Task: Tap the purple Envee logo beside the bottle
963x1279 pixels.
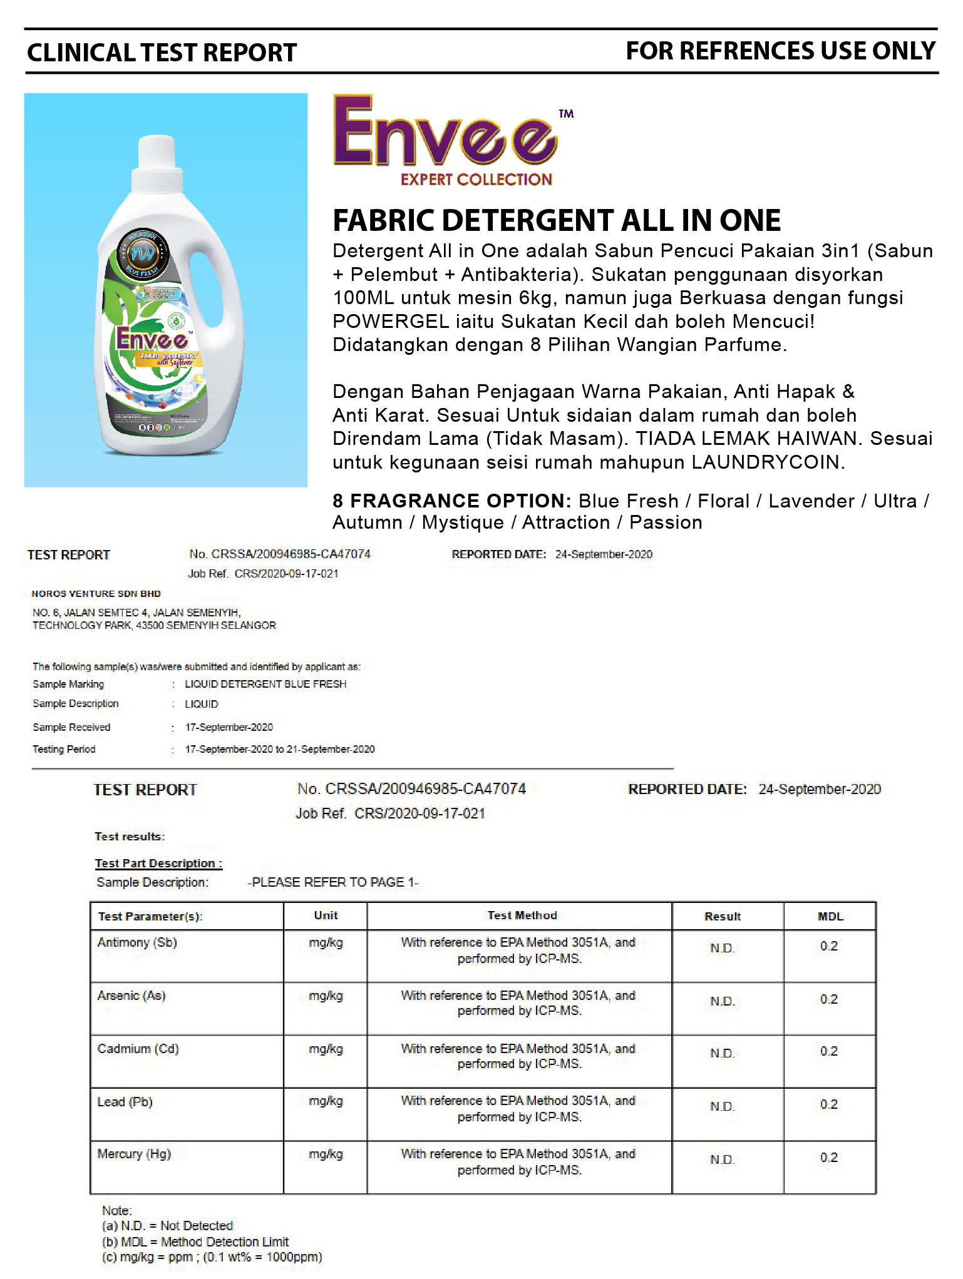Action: pyautogui.click(x=445, y=133)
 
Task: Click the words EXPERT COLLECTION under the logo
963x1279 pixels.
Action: pyautogui.click(x=476, y=180)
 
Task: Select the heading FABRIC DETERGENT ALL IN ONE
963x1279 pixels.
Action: pyautogui.click(x=557, y=220)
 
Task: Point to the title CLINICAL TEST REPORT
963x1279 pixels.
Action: pyautogui.click(x=162, y=53)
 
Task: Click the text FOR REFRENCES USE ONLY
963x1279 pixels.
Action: pyautogui.click(x=780, y=51)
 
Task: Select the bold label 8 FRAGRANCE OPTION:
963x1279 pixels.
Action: pyautogui.click(x=451, y=501)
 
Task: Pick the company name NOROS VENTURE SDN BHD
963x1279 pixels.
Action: pyautogui.click(x=96, y=594)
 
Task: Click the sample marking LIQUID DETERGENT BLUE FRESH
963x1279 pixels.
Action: pyautogui.click(x=265, y=684)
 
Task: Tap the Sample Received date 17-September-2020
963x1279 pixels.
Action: pyautogui.click(x=229, y=727)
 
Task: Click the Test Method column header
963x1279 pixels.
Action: pyautogui.click(x=522, y=915)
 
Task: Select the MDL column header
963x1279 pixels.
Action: pyautogui.click(x=830, y=916)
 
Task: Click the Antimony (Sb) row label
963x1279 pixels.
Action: pyautogui.click(x=137, y=942)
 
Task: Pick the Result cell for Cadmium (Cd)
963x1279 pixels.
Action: pyautogui.click(x=722, y=1054)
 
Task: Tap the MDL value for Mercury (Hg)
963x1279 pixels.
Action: pyautogui.click(x=828, y=1158)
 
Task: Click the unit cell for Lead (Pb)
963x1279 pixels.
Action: pyautogui.click(x=326, y=1101)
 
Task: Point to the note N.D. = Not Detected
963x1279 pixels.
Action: pyautogui.click(x=167, y=1225)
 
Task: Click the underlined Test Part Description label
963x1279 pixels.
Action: pyautogui.click(x=158, y=864)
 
